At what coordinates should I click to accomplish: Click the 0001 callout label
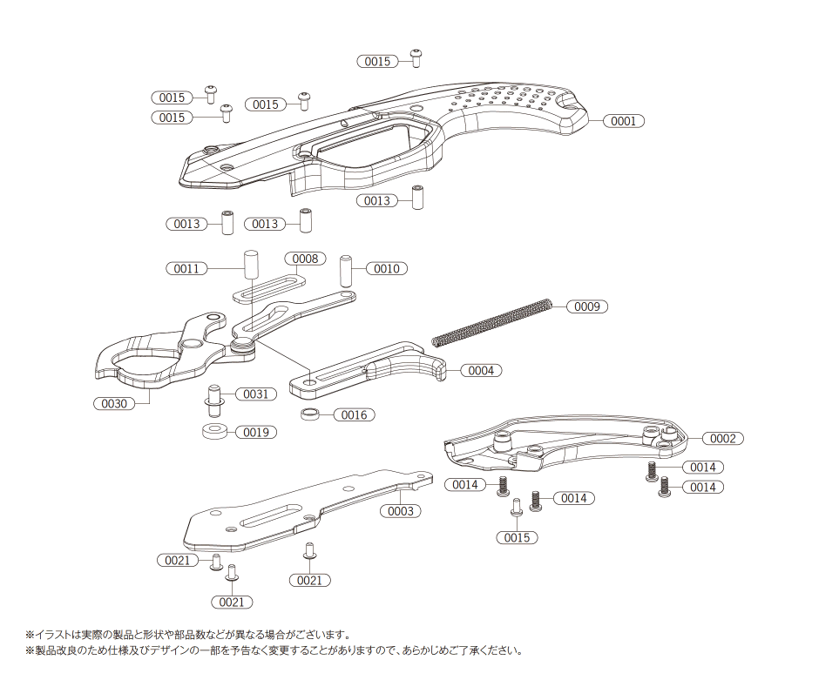tap(623, 121)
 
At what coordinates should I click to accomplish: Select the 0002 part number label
tap(722, 438)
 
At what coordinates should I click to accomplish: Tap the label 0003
tap(400, 511)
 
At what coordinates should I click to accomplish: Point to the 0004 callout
tap(480, 371)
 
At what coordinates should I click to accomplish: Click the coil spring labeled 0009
tap(492, 324)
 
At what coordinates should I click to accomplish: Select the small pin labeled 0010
tap(346, 270)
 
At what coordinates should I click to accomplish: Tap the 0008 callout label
tap(304, 259)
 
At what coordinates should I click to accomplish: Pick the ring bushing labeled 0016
tap(310, 414)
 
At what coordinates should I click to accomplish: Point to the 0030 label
tap(114, 404)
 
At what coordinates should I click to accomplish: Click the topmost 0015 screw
tap(416, 57)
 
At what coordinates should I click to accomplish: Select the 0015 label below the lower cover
tap(517, 538)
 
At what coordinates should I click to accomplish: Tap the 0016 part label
tap(354, 415)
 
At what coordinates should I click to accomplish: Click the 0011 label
tap(186, 269)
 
